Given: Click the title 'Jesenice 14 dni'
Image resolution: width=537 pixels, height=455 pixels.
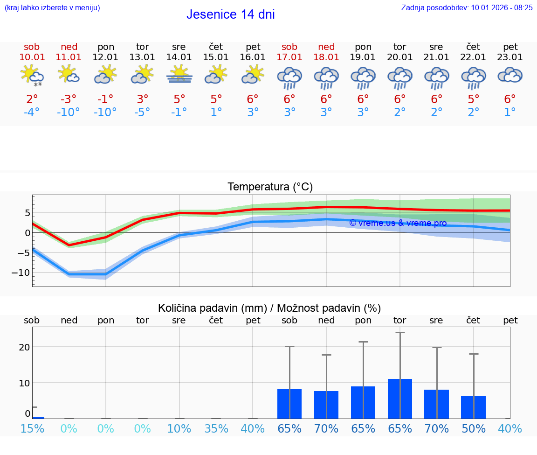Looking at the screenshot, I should click(x=230, y=14).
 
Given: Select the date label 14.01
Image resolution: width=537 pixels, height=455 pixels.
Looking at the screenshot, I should click(x=179, y=57).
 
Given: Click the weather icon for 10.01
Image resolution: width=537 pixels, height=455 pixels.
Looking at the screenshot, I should click(x=32, y=75).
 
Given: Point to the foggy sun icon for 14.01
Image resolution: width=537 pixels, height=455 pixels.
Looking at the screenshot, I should click(x=179, y=75).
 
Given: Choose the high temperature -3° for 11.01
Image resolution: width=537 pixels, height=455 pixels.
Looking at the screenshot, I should click(x=69, y=99).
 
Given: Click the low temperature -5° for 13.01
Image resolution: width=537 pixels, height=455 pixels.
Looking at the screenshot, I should click(x=142, y=112).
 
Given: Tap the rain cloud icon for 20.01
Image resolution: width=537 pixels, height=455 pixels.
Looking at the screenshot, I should click(x=399, y=78).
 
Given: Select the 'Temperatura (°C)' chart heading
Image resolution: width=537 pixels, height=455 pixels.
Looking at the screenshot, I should click(x=270, y=187).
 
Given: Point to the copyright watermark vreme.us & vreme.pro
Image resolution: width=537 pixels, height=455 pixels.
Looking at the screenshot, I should click(x=398, y=223).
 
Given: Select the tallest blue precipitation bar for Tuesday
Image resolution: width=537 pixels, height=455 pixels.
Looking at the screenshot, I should click(x=399, y=399).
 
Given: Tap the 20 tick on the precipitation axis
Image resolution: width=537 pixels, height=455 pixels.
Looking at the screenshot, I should click(x=24, y=347).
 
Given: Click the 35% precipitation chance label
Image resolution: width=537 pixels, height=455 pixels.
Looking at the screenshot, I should click(x=216, y=428).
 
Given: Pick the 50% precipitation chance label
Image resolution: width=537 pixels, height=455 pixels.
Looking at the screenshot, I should click(x=473, y=428).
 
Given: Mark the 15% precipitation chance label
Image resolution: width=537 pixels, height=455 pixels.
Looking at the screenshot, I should click(x=32, y=428).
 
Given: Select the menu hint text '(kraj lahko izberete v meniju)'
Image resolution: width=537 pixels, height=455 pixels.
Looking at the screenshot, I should click(x=52, y=7).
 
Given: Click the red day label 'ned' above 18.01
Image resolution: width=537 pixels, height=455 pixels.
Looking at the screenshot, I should click(x=326, y=47).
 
